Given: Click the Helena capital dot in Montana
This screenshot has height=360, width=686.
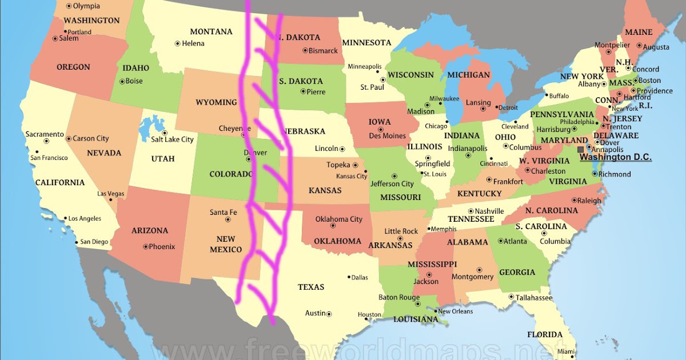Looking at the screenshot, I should click(177, 43).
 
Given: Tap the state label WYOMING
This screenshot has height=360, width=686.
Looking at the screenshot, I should click(216, 102).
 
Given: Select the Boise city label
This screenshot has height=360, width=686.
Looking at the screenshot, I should click(134, 81).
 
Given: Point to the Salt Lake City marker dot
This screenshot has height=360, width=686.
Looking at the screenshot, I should click(164, 133).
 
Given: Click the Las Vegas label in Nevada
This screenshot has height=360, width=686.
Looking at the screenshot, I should click(110, 194).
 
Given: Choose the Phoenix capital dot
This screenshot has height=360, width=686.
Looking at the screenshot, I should click(145, 247).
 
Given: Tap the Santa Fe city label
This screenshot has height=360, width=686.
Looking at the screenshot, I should click(223, 213).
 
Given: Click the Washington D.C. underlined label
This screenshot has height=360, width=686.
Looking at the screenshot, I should click(615, 157).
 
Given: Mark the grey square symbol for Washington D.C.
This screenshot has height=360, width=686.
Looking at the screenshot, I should click(581, 149).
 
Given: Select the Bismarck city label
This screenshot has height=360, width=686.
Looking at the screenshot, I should click(323, 51).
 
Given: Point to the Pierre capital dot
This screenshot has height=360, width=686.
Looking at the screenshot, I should click(303, 92).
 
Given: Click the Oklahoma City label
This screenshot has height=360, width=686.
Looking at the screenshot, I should click(339, 219).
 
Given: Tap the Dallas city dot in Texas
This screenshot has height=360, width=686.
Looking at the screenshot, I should click(349, 277).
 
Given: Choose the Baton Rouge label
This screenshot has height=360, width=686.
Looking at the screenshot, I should click(399, 297).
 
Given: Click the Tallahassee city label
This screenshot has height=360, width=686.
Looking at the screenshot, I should click(534, 298).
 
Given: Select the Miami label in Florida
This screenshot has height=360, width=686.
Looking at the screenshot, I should click(565, 350).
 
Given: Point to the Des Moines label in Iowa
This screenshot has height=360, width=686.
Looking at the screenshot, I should click(387, 136).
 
